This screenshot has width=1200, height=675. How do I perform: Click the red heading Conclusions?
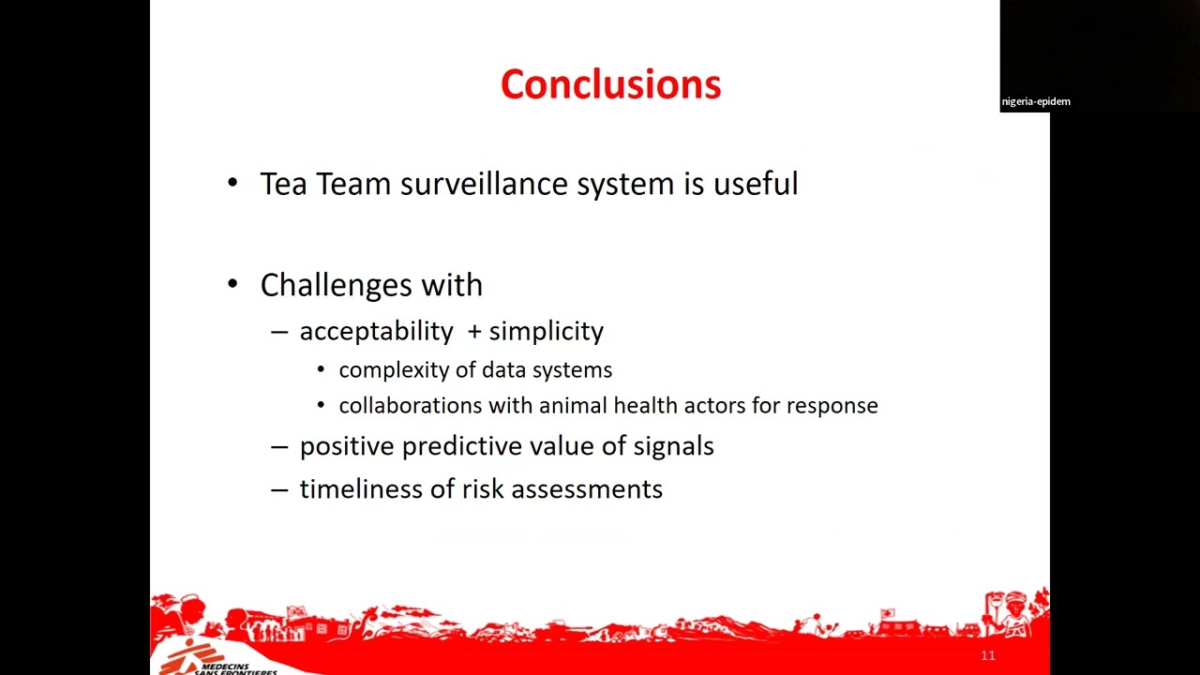pyautogui.click(x=610, y=84)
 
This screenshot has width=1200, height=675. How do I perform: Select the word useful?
pyautogui.click(x=756, y=183)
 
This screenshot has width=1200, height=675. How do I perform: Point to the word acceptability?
pyautogui.click(x=376, y=331)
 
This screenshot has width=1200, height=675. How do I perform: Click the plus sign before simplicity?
pyautogui.click(x=474, y=332)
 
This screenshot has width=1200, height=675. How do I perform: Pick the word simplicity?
pyautogui.click(x=547, y=331)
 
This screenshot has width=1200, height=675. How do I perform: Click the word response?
pyautogui.click(x=832, y=407)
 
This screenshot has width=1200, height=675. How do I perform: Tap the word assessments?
pyautogui.click(x=587, y=489)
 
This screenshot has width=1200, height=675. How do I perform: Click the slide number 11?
pyautogui.click(x=988, y=655)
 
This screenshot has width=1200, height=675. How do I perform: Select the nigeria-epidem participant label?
pyautogui.click(x=1036, y=102)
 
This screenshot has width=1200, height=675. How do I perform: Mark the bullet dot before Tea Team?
pyautogui.click(x=232, y=183)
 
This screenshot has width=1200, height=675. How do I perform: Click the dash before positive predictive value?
pyautogui.click(x=279, y=446)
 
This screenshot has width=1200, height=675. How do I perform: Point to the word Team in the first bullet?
pyautogui.click(x=353, y=183)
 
